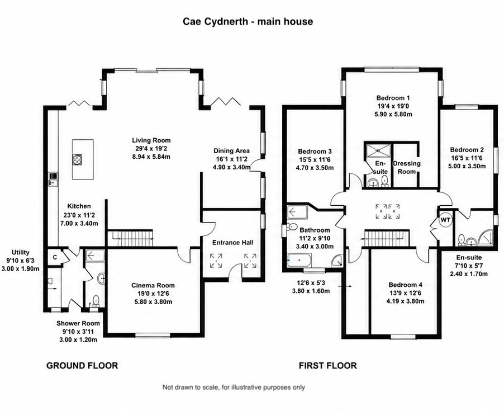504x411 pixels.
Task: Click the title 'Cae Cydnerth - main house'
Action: pos(248,22)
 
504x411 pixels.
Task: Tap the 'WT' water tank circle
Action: pos(445,220)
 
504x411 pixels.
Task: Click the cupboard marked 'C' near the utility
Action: pos(55,257)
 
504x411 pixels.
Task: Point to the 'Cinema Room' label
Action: pos(153,285)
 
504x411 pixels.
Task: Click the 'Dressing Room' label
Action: pos(407,167)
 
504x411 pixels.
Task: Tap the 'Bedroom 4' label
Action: pos(405,285)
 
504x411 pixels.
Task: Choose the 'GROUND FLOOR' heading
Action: pos(82,366)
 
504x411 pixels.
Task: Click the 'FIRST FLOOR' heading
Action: pos(328,366)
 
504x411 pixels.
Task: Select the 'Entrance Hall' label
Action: pos(232,243)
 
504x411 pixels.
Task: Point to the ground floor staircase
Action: pos(130,238)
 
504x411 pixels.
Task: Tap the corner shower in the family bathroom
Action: pos(337,261)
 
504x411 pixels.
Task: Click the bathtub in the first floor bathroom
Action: pos(299,259)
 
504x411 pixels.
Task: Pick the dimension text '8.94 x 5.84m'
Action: pos(151,157)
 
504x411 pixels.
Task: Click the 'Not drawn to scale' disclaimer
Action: pos(234,387)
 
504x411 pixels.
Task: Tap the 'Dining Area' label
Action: pos(231,150)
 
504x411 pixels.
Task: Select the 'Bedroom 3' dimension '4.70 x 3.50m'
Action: pos(315,168)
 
